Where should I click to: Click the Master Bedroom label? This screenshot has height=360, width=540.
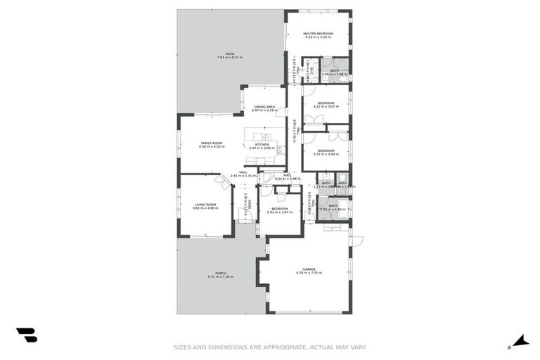(318, 33)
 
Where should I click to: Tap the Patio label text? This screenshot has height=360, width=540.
(230, 53)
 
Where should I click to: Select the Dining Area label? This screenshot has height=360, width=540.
(264, 107)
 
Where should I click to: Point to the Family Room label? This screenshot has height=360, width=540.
(211, 143)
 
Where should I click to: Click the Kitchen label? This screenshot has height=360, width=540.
(262, 144)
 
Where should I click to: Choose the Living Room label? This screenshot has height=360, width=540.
(206, 205)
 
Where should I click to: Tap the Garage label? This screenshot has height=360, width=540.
(309, 269)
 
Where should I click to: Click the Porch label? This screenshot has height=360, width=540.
(220, 273)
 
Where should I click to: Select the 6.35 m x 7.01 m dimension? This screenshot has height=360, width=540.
(309, 272)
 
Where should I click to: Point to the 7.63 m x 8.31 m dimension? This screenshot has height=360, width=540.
(230, 57)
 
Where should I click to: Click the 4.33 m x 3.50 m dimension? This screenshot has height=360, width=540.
(318, 37)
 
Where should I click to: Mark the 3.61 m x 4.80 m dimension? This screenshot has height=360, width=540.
(206, 208)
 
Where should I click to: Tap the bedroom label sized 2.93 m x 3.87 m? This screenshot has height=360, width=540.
(280, 208)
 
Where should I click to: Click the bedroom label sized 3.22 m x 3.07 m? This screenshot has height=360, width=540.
(325, 103)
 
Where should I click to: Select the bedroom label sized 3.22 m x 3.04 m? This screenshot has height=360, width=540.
(325, 150)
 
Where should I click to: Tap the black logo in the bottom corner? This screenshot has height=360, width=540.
(26, 335)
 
